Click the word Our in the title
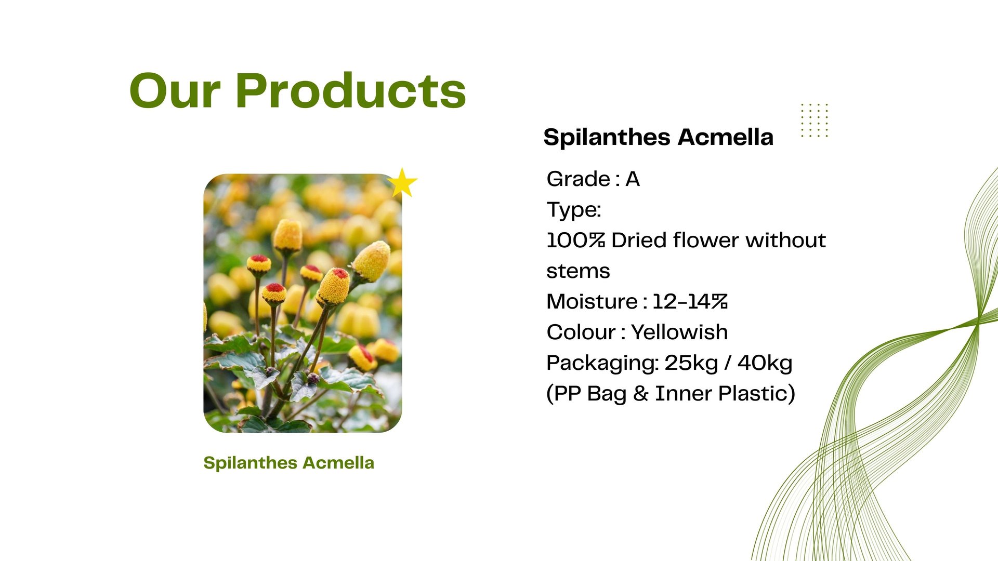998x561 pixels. tap(175, 91)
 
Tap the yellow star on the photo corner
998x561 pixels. tap(402, 182)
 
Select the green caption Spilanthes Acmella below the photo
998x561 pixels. tap(288, 463)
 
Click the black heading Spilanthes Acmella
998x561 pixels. tap(659, 137)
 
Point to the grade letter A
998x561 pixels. tap(633, 179)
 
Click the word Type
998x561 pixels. tap(573, 210)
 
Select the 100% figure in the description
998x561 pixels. tap(576, 241)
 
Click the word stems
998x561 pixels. tap(578, 271)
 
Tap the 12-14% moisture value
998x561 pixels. tap(690, 302)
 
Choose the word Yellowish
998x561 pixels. tap(679, 332)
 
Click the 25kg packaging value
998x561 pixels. tap(691, 363)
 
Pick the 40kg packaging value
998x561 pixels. tap(765, 363)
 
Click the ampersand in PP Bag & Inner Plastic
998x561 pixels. tap(641, 394)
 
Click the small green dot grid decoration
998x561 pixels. tap(815, 120)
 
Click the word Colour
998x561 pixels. tap(581, 332)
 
